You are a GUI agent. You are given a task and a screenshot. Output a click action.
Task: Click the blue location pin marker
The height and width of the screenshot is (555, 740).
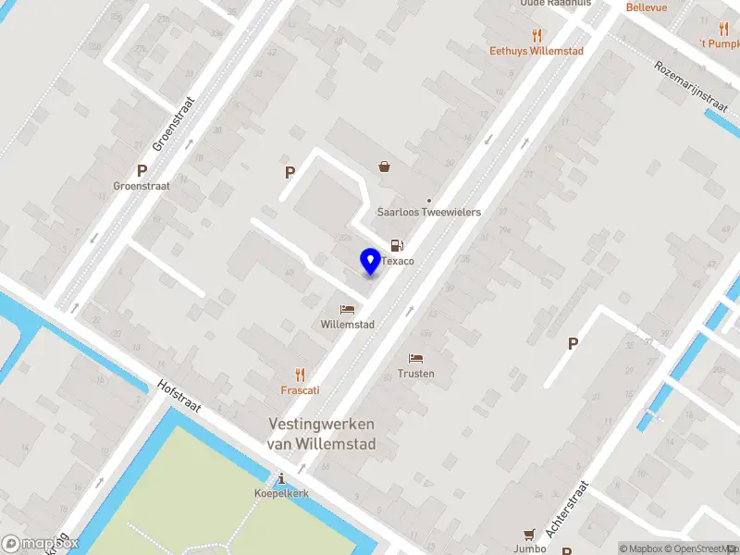coord(370,262)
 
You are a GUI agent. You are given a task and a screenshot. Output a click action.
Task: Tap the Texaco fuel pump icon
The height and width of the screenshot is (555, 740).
coord(397,245)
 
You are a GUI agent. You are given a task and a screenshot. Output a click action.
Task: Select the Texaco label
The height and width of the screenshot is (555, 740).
coord(398,262)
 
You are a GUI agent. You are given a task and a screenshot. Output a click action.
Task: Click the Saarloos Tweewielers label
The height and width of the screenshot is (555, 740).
coord(429,212)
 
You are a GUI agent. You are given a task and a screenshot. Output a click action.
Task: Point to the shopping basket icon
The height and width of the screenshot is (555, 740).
coord(384,166)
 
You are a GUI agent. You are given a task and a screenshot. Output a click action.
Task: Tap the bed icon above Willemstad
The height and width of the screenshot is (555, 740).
coord(347,309)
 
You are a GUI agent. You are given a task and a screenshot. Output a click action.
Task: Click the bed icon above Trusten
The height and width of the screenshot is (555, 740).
coord(416,358)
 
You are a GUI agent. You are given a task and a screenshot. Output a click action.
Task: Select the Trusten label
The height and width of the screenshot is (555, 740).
coord(416,374)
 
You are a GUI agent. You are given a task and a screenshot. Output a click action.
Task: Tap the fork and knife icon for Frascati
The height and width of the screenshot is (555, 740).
coord(300,375)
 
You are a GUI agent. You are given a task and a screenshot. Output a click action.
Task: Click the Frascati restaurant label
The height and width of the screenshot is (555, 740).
coord(300,390)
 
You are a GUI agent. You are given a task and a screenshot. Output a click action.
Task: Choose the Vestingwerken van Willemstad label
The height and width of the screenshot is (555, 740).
coord(321,433)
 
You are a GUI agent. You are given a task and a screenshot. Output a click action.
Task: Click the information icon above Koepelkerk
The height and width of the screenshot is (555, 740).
coord(281,478)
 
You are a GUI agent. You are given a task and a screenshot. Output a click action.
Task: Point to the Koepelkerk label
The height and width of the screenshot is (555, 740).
coord(281,494)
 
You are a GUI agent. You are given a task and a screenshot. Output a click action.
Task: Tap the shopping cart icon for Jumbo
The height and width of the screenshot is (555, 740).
coord(529,534)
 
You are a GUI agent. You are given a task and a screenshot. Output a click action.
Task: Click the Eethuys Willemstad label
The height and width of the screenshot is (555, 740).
coord(536,51)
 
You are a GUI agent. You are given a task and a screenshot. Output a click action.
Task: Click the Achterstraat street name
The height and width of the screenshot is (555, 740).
coord(567,510)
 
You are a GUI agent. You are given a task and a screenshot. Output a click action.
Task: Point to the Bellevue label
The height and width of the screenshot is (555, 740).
coord(647,7)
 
